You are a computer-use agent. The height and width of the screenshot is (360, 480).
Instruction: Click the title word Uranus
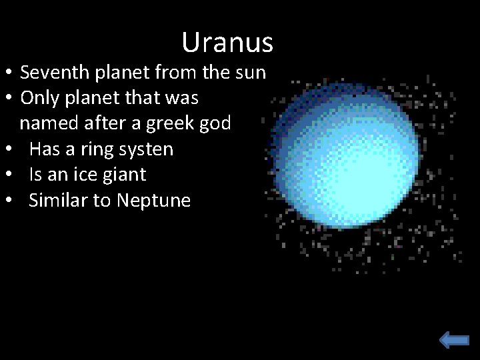point(227,43)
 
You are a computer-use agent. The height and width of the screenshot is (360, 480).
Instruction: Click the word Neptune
point(153,200)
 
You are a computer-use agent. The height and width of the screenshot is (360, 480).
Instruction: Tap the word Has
point(43,149)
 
